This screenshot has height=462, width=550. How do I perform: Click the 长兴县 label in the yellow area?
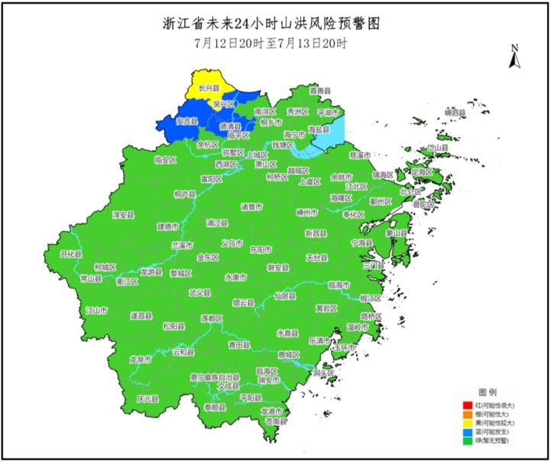tap(209, 89)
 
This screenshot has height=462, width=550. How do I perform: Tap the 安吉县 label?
tap(187, 121)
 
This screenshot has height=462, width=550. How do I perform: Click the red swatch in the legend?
tap(467, 404)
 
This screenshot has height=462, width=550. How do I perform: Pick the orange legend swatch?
tap(467, 413)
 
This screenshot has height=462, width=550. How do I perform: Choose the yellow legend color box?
tap(467, 422)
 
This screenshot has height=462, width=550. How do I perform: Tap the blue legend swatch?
tap(467, 431)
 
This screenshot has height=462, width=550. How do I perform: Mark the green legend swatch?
tap(467, 441)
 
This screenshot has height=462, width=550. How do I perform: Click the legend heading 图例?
tap(487, 392)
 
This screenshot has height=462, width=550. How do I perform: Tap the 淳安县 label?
tap(123, 216)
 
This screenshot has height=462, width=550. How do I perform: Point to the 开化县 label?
tap(70, 253)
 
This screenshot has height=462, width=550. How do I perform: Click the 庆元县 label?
tap(147, 399)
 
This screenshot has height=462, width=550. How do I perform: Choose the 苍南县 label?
tap(274, 421)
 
